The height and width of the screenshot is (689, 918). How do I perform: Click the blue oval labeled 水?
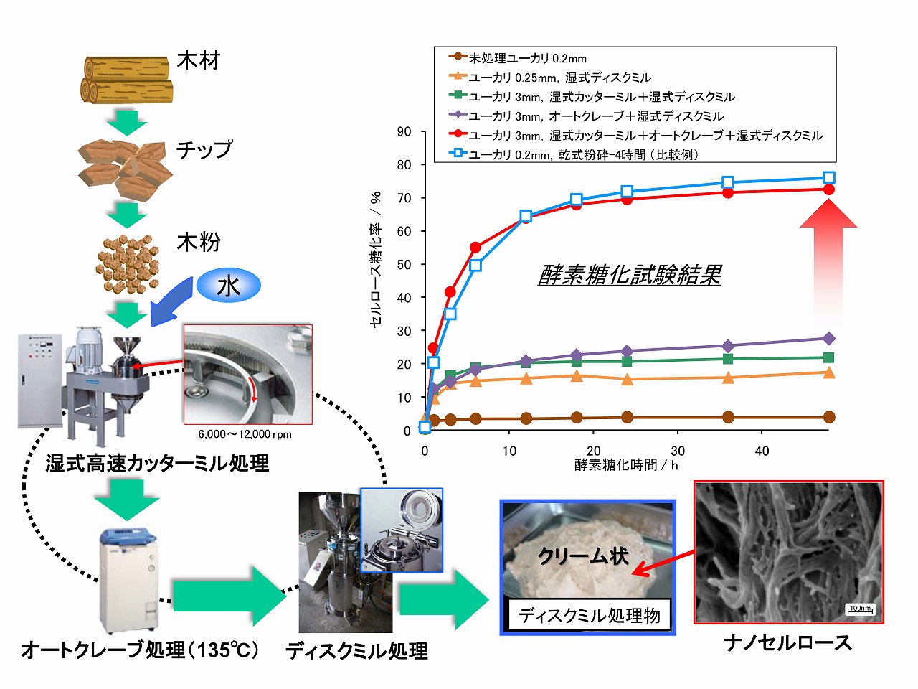pyautogui.click(x=228, y=286)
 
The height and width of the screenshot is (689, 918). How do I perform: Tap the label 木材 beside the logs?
pyautogui.click(x=199, y=60)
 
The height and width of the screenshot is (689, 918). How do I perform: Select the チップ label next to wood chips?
pyautogui.click(x=204, y=149)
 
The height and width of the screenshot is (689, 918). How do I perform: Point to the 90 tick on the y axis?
pyautogui.click(x=404, y=131)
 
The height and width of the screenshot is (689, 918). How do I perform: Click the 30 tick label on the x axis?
pyautogui.click(x=678, y=451)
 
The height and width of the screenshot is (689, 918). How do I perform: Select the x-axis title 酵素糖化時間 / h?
pyautogui.click(x=626, y=465)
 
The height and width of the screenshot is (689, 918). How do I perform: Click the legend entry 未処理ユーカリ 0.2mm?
pyautogui.click(x=527, y=58)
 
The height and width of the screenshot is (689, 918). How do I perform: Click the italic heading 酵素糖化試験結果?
pyautogui.click(x=630, y=275)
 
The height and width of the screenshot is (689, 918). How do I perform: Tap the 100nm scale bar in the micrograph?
pyautogui.click(x=860, y=609)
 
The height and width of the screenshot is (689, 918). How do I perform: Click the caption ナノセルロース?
pyautogui.click(x=788, y=642)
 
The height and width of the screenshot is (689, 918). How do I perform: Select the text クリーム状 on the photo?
pyautogui.click(x=583, y=556)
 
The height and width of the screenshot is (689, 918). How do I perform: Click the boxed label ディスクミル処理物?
pyautogui.click(x=590, y=615)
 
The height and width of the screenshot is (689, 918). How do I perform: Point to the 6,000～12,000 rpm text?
pyautogui.click(x=245, y=434)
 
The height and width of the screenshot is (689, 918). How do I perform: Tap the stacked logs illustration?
pyautogui.click(x=127, y=79)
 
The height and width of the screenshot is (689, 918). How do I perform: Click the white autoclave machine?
pyautogui.click(x=128, y=578)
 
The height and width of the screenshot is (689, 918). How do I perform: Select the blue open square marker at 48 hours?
pyautogui.click(x=829, y=177)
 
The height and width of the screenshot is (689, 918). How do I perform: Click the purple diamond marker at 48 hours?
pyautogui.click(x=829, y=338)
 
